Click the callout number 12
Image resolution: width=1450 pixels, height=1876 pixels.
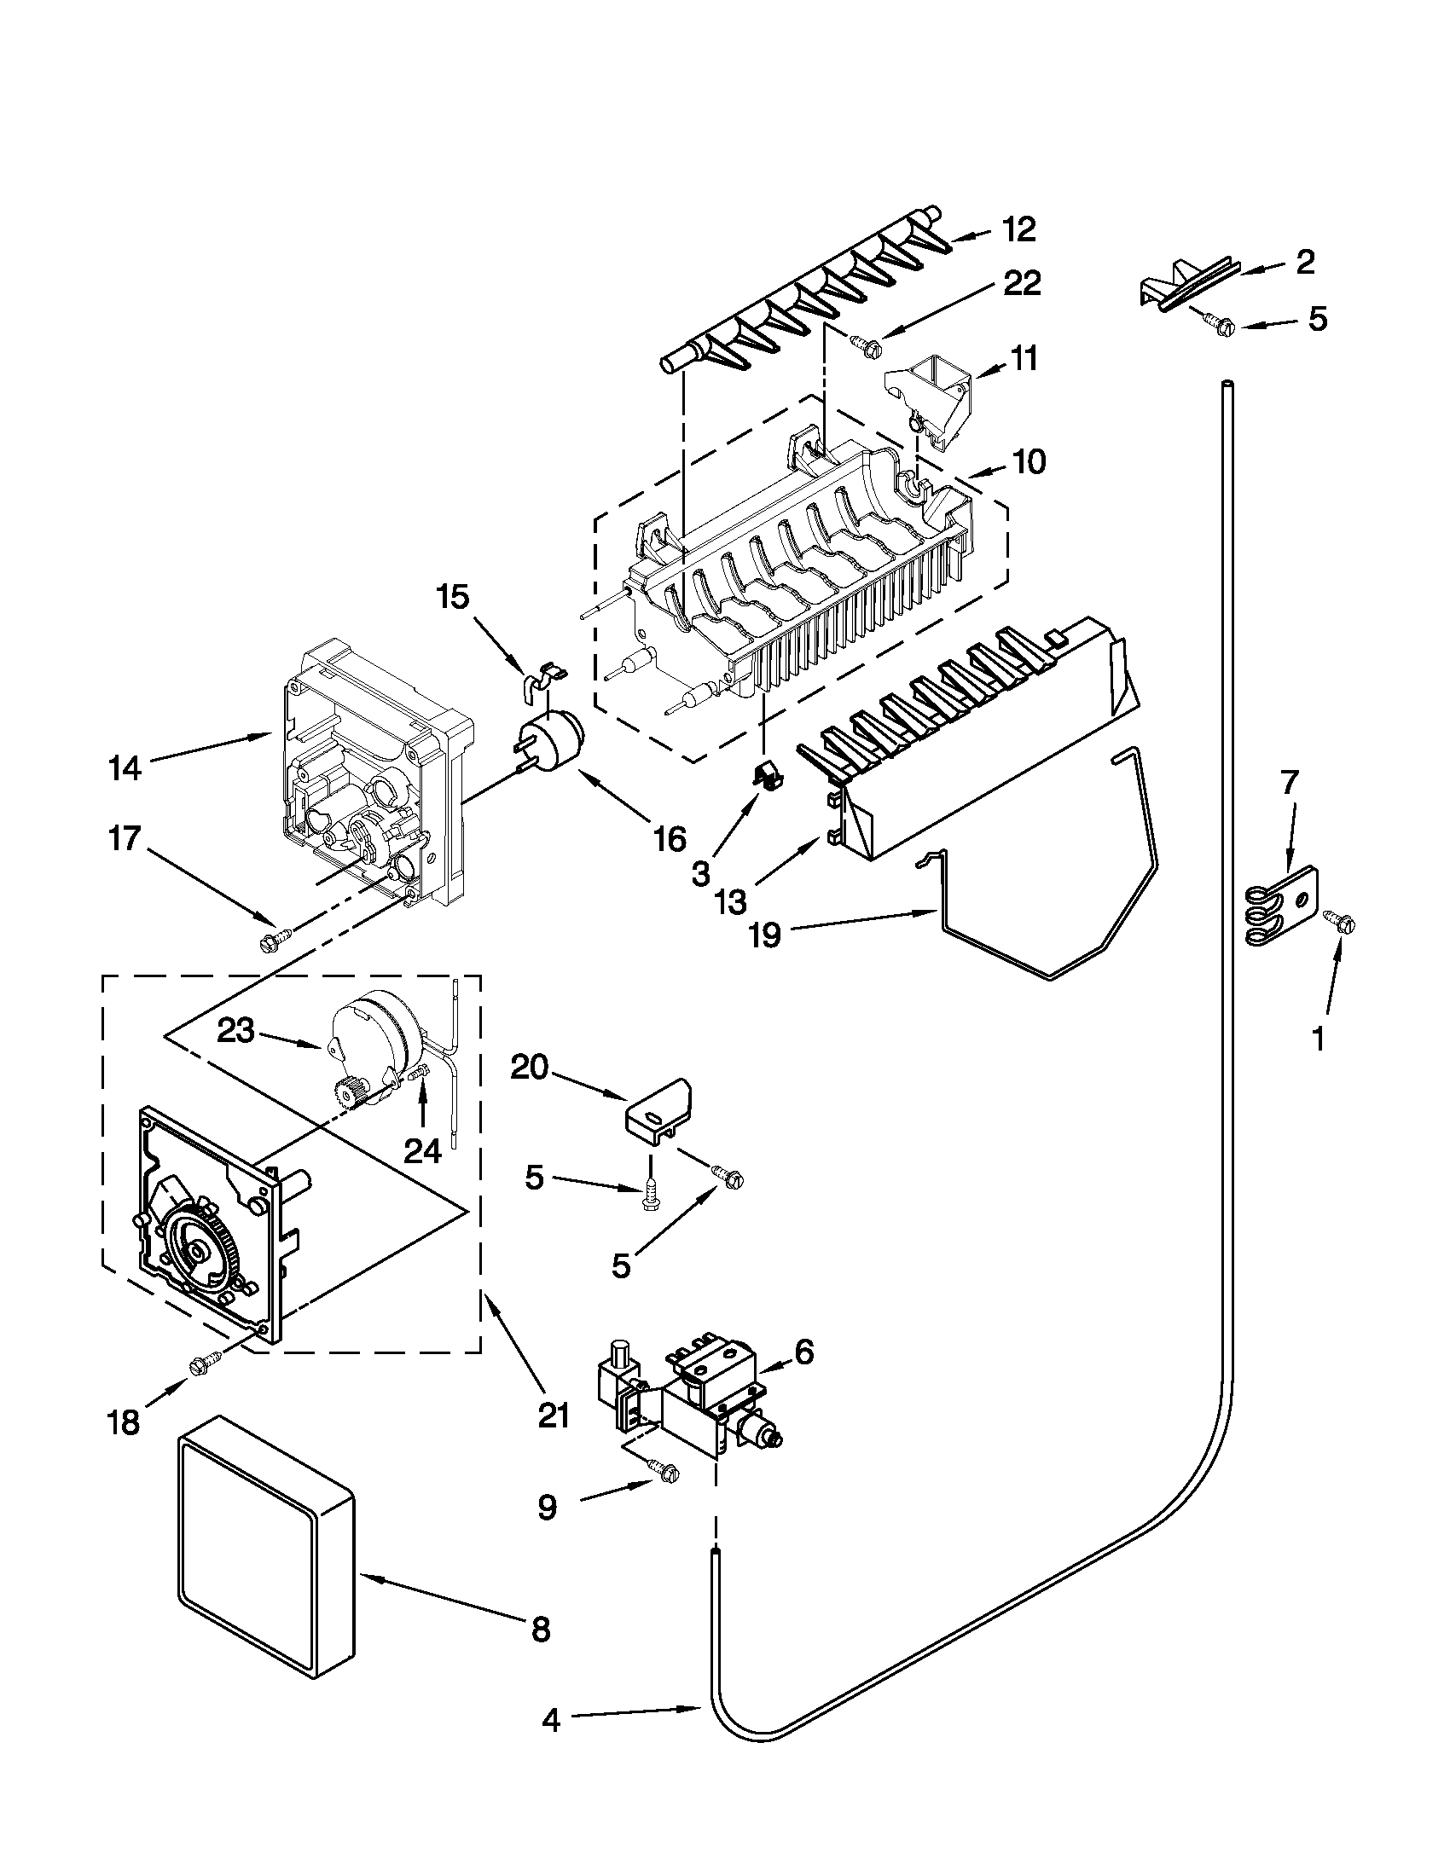pyautogui.click(x=1018, y=230)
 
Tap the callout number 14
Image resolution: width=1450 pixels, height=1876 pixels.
pyautogui.click(x=125, y=768)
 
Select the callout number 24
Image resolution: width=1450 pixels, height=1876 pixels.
pyautogui.click(x=422, y=1150)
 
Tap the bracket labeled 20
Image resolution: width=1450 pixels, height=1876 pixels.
pyautogui.click(x=658, y=1118)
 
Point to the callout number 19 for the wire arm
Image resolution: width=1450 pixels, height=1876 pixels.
pyautogui.click(x=763, y=935)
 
